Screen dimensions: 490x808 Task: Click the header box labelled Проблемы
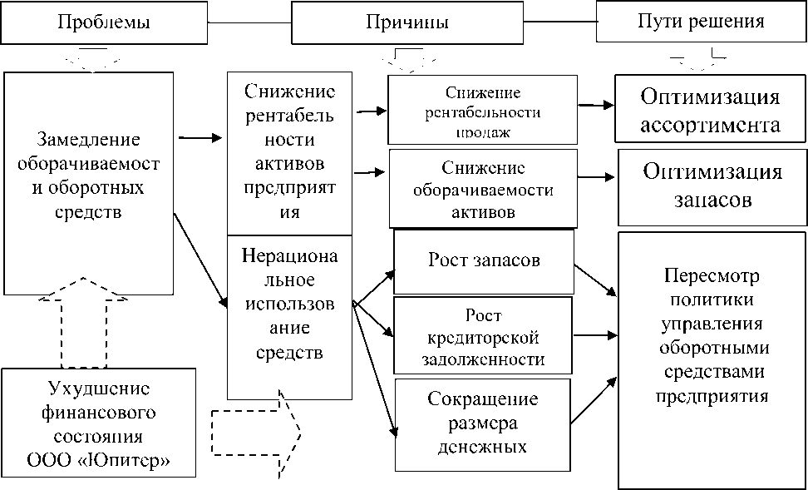point(104,22)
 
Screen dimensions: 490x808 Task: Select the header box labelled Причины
point(407,22)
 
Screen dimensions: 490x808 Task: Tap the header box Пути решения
point(700,22)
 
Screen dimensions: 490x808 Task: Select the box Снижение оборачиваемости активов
point(482,190)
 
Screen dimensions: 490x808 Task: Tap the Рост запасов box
point(484,260)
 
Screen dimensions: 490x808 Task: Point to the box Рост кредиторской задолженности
point(484,337)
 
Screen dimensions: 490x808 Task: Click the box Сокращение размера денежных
point(483,423)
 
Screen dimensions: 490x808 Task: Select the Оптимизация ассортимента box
point(710,111)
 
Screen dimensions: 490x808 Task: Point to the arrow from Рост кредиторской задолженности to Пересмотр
point(595,335)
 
